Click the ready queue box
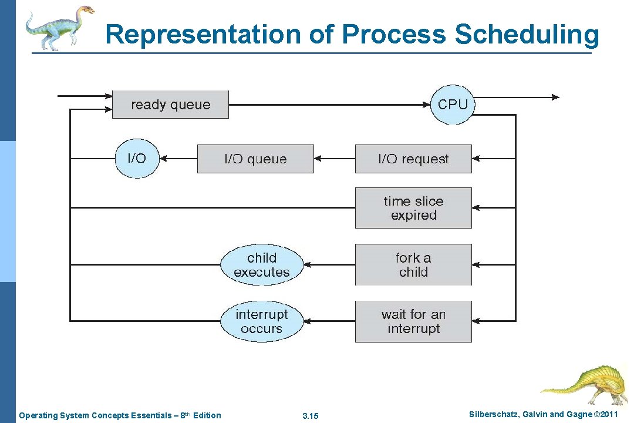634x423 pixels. tap(170, 105)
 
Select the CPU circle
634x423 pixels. tap(453, 105)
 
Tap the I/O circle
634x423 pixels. tap(137, 158)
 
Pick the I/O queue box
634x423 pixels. tap(255, 159)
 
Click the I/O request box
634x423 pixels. tap(413, 159)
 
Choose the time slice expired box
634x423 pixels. tap(413, 208)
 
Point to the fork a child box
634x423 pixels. tap(413, 265)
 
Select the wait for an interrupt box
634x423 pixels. tap(413, 321)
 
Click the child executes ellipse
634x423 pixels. tap(262, 265)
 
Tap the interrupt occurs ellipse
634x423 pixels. tap(262, 321)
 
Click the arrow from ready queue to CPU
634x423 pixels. tap(329, 105)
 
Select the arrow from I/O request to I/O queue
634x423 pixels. tap(335, 159)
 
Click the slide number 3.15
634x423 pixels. tap(310, 416)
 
